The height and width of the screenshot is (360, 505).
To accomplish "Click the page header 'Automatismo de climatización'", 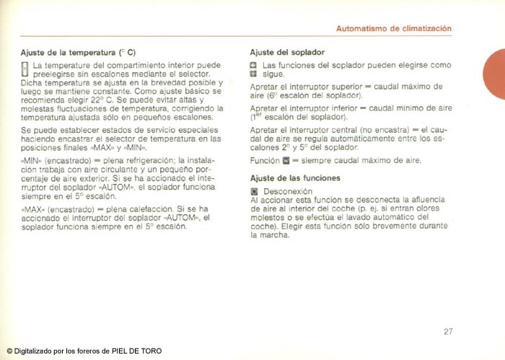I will click(394, 29).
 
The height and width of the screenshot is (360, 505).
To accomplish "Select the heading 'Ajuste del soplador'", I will click(287, 53).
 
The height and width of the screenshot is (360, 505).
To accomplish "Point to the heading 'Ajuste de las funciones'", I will click(295, 177).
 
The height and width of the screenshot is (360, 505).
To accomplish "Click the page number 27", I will click(448, 332).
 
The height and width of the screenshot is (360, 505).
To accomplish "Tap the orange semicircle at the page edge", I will click(496, 75).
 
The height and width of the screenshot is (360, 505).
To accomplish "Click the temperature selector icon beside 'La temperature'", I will click(25, 69).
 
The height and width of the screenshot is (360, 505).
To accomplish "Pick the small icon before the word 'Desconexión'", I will click(254, 191).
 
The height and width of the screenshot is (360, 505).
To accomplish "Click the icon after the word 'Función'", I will click(285, 160).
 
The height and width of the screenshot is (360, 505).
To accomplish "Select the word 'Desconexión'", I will click(288, 191).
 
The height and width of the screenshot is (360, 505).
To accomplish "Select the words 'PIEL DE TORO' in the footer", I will click(136, 351).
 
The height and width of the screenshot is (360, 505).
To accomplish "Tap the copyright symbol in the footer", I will click(9, 351).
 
